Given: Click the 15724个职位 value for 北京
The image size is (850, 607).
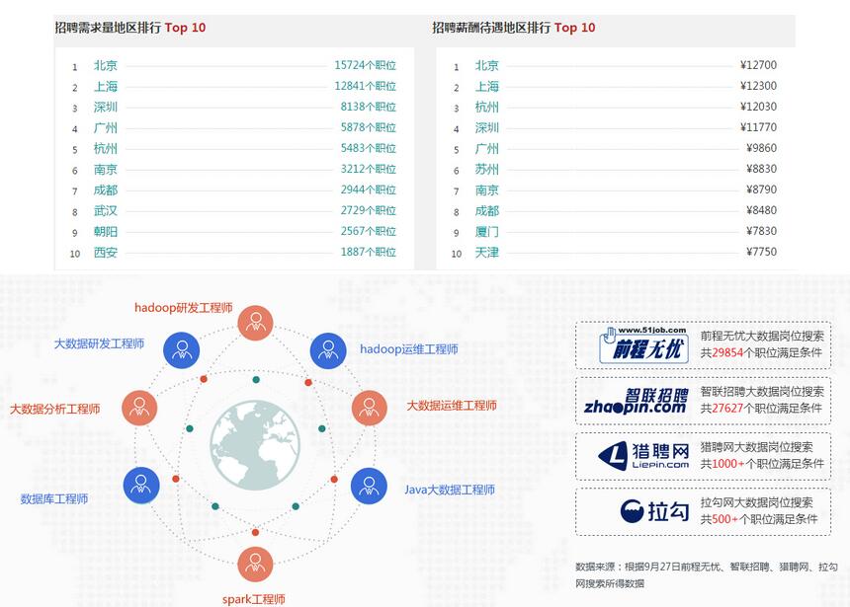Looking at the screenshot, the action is click(365, 65).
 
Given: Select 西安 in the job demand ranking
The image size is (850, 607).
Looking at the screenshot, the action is click(105, 253).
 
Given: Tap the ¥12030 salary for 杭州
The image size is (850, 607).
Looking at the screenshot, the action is click(758, 107).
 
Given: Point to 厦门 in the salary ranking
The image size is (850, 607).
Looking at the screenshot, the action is click(486, 232).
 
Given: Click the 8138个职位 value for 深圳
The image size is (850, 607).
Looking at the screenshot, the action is click(368, 107).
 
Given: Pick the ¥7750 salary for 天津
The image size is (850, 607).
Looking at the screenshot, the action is click(761, 252).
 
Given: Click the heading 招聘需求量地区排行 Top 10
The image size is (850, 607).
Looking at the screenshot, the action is click(130, 28).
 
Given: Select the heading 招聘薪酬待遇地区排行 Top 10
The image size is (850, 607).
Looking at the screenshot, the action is click(513, 28).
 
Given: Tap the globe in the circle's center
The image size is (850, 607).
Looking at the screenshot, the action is click(255, 445).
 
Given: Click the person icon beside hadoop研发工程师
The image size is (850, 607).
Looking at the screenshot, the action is click(255, 323).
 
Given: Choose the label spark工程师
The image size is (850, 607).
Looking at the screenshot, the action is click(254, 599).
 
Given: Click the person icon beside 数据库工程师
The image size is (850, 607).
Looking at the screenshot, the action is click(141, 485).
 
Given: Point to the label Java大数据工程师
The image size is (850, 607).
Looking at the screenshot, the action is click(450, 490).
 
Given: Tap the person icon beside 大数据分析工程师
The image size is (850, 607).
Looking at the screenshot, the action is click(139, 408).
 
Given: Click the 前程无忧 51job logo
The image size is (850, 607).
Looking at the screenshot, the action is click(644, 344).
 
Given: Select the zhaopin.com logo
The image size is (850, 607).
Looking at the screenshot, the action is click(636, 402).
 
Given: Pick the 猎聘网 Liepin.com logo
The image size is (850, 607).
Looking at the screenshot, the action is click(643, 456).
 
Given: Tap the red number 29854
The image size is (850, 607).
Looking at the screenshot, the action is click(727, 352).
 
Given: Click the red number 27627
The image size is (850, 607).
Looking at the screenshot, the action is click(727, 408).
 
